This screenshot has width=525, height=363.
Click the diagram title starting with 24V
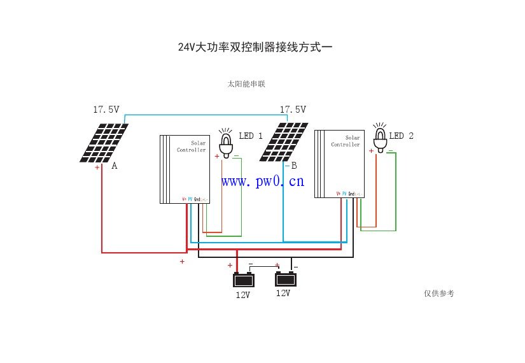point(255,48)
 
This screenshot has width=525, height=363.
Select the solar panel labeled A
point(104,142)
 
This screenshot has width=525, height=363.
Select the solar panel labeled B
point(287,141)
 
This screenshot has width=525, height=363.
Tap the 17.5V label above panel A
point(106,110)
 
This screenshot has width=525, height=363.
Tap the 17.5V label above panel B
point(293,110)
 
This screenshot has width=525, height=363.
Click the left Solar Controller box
point(185,169)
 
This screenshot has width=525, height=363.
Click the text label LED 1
point(251,136)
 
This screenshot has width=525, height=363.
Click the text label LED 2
point(402,136)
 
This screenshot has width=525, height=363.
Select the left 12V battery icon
point(243,279)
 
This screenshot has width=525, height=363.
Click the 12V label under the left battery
point(242,295)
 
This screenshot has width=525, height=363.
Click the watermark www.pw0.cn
point(263,181)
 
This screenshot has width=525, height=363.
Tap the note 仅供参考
point(438,293)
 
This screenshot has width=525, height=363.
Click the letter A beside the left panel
point(115,166)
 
